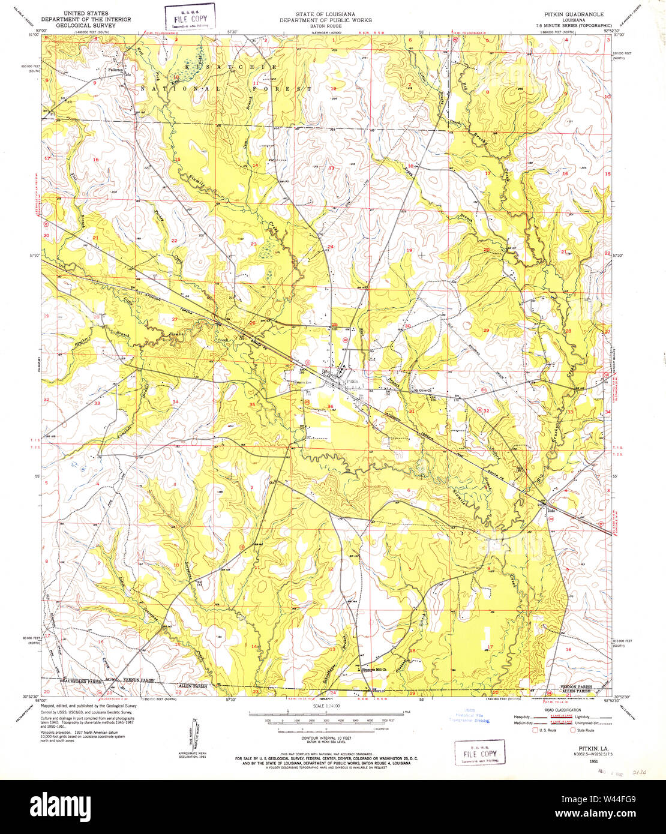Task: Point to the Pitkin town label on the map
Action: (x=351, y=382)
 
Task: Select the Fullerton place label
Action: (x=115, y=70)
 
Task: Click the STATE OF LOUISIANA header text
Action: (x=325, y=13)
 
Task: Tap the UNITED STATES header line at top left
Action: (x=86, y=13)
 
